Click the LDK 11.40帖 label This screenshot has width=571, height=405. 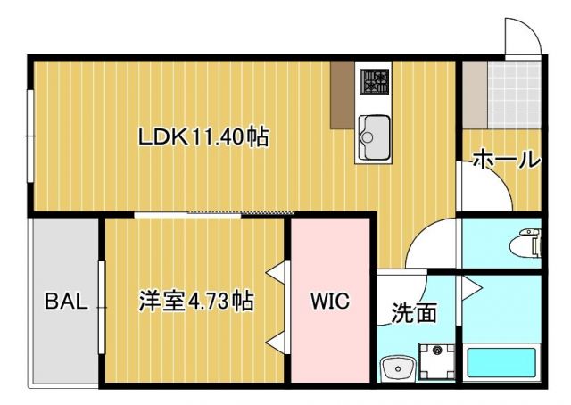pyautogui.click(x=203, y=137)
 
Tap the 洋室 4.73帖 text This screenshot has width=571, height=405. pyautogui.click(x=195, y=301)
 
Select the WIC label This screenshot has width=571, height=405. pyautogui.click(x=330, y=301)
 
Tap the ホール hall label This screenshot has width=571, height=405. pyautogui.click(x=505, y=161)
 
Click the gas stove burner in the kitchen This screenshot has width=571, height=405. pyautogui.click(x=374, y=80)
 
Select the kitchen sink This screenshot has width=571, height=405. pyautogui.click(x=373, y=134)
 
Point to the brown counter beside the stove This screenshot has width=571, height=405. pyautogui.click(x=343, y=94)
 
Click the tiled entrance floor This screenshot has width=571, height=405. pyautogui.click(x=513, y=94)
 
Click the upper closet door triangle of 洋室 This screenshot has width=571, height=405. pyautogui.click(x=277, y=269)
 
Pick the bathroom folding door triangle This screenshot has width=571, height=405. pyautogui.click(x=470, y=286)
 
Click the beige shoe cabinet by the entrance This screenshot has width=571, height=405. pyautogui.click(x=475, y=94)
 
